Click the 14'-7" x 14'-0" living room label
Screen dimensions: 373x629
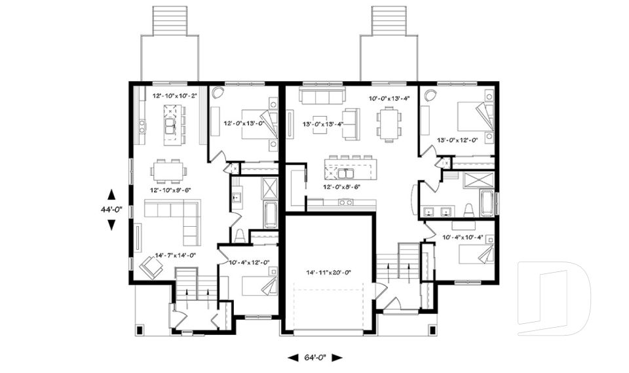click(175, 256)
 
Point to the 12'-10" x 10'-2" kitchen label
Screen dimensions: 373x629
click(175, 96)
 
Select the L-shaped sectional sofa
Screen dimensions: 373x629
click(175, 217)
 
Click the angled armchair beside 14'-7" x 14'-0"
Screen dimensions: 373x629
click(151, 265)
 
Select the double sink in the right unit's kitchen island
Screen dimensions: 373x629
click(347, 174)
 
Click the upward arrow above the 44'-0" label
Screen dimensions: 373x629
click(111, 194)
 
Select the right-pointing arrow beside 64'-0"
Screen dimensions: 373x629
click(337, 358)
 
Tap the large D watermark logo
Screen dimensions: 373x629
click(554, 299)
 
